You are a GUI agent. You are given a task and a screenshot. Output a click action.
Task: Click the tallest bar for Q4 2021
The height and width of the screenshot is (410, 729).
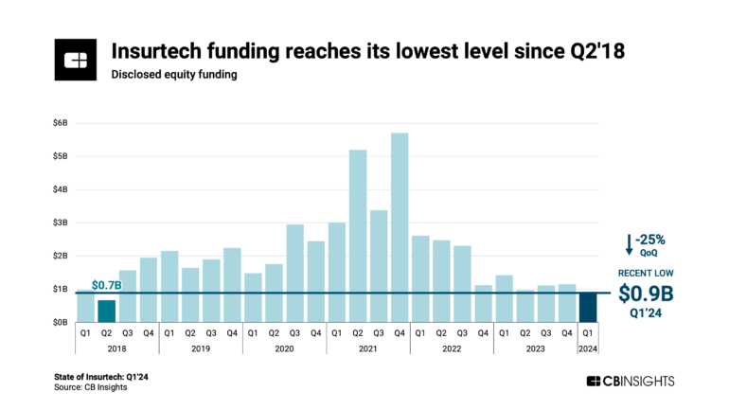click(x=400, y=227)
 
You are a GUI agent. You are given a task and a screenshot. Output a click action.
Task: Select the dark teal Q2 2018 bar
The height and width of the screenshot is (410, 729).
click(x=107, y=311)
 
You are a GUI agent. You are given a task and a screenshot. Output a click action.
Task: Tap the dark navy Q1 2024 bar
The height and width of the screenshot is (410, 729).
click(x=587, y=307)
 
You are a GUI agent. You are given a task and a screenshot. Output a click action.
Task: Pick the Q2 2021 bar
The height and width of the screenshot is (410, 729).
click(x=358, y=236)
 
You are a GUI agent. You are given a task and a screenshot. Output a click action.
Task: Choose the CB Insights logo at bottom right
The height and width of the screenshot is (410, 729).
click(x=631, y=381)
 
